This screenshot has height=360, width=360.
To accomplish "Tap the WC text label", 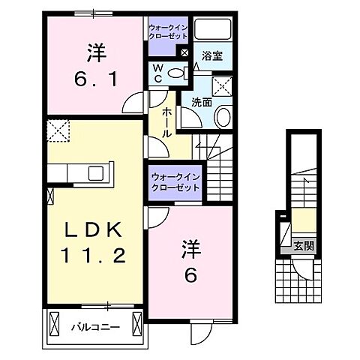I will (x=158, y=73).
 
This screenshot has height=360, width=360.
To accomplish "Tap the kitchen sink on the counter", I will (x=96, y=173).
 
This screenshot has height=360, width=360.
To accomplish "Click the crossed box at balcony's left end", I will (x=54, y=325).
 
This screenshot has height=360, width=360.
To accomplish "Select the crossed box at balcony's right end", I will (x=136, y=325).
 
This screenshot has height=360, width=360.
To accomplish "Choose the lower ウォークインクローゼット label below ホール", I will (x=174, y=181).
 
